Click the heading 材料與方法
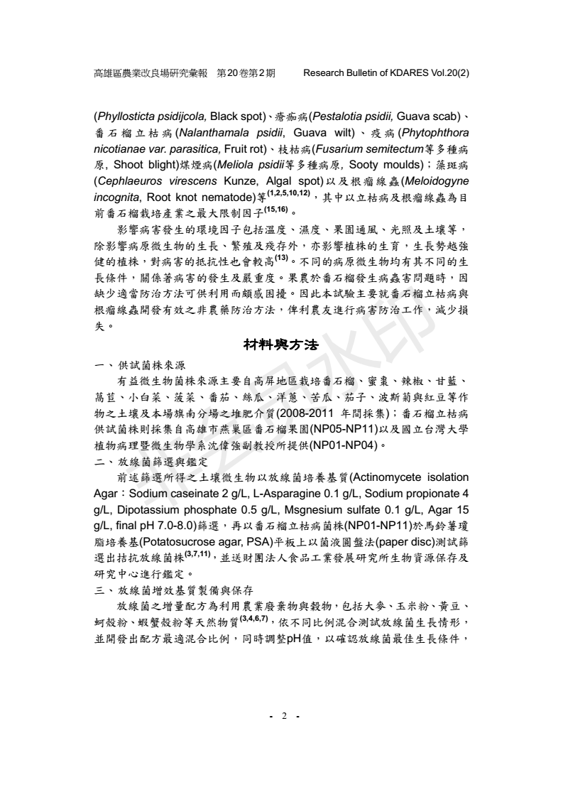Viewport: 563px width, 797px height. [282, 345]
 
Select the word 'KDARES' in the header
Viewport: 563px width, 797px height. [403, 73]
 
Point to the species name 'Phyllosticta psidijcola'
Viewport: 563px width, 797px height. [151, 116]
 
